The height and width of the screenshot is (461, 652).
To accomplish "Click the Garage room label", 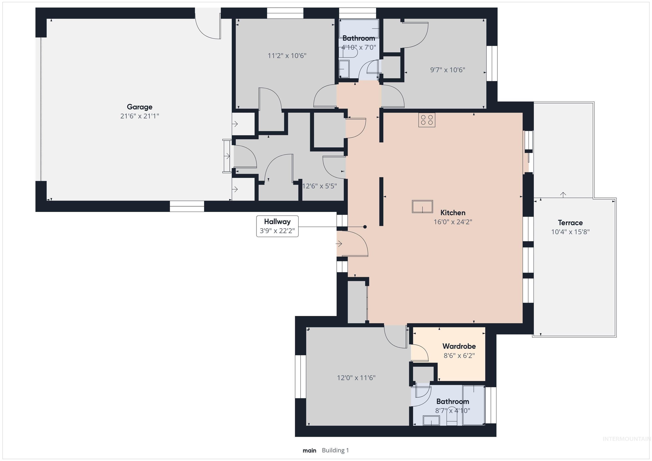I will point(139,107).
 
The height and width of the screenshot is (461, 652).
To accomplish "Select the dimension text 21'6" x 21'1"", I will point(139,116).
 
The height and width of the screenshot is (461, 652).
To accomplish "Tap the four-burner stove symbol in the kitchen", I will point(427,120).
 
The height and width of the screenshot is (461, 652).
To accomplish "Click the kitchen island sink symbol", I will point(422,206).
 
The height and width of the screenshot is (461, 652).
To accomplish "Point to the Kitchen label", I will point(453,213).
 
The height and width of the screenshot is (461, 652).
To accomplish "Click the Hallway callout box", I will point(277,226).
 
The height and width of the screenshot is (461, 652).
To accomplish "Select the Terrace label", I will point(570,223).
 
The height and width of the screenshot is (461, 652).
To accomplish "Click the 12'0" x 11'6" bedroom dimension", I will point(356,378).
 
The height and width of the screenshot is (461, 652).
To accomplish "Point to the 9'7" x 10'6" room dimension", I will point(448,70).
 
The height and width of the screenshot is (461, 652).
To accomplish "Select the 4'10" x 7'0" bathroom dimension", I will point(358,47).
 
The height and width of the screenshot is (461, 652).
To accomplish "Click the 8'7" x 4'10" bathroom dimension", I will point(453,411).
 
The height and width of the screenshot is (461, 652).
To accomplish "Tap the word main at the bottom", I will point(309,450).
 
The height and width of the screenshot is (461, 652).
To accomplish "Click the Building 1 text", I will point(335,450).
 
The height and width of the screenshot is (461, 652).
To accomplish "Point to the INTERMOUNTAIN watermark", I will point(627,439).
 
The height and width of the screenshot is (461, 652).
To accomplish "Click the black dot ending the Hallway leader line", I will point(365,227).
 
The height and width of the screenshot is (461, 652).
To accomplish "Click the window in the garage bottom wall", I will point(187,206).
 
